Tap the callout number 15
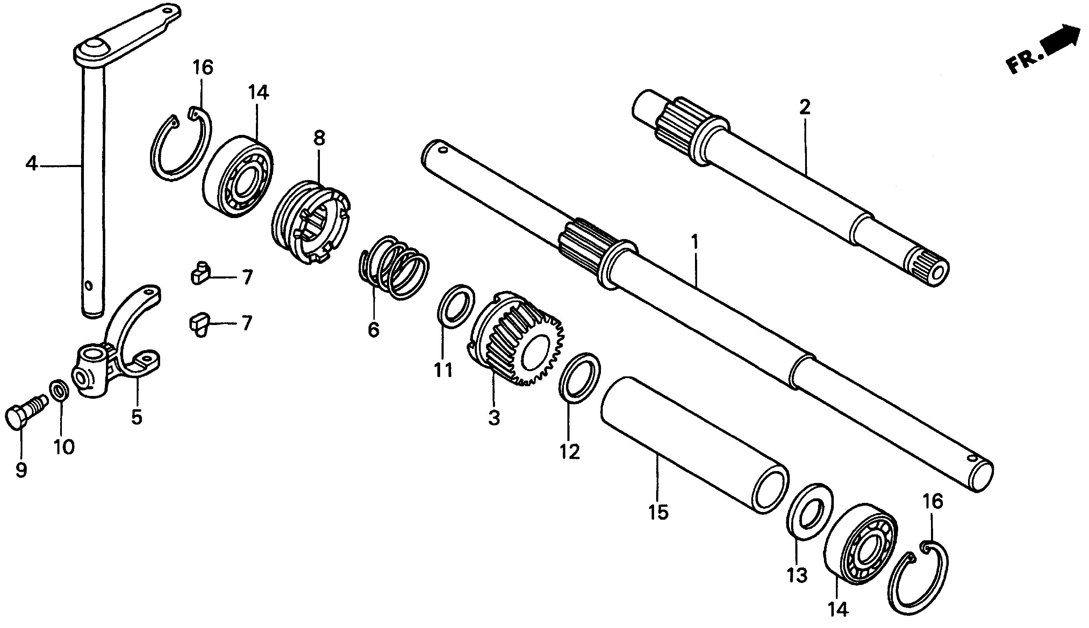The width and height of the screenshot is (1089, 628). point(658,512)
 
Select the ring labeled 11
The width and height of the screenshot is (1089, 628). point(456,306)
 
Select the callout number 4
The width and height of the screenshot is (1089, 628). point(31,164)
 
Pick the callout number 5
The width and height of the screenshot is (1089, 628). point(136,417)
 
